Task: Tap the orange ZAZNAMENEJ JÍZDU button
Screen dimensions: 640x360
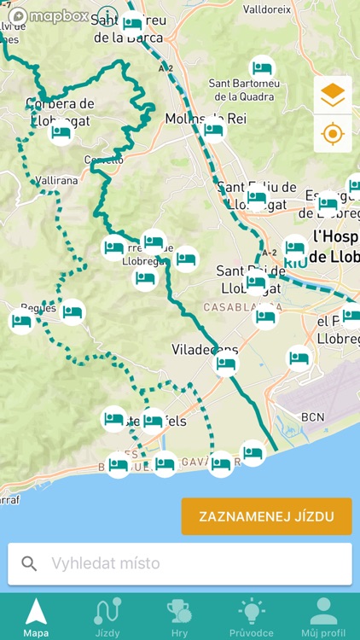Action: [266, 516]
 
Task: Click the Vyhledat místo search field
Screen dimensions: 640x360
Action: [188, 563]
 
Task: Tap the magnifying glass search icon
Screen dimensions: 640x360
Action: [30, 563]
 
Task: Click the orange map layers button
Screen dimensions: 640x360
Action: [333, 96]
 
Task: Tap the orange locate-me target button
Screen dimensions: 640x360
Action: [333, 134]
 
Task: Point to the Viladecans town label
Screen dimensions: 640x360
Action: [205, 350]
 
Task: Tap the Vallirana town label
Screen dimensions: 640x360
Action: [57, 181]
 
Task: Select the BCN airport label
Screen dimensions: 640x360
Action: [313, 416]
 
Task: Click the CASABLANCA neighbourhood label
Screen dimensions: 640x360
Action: [237, 306]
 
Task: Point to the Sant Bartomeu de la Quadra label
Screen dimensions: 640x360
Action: [242, 90]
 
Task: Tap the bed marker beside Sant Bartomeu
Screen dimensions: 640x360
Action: [262, 67]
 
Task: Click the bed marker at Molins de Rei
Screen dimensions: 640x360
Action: [213, 130]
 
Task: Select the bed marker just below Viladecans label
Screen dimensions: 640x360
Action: [226, 364]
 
